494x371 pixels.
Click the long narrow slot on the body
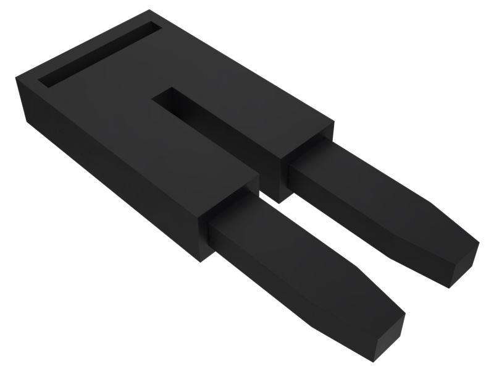99,54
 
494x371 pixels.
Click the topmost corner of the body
151,11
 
